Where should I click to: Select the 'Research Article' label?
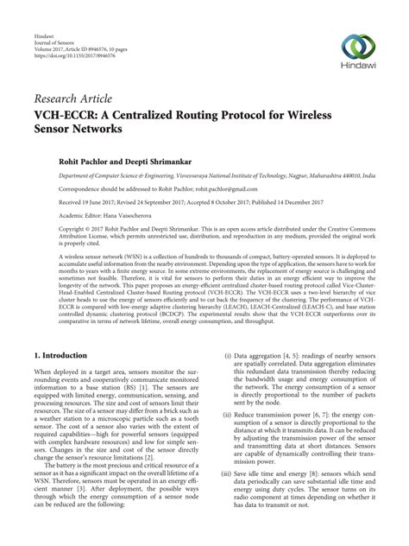(x=72, y=98)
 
